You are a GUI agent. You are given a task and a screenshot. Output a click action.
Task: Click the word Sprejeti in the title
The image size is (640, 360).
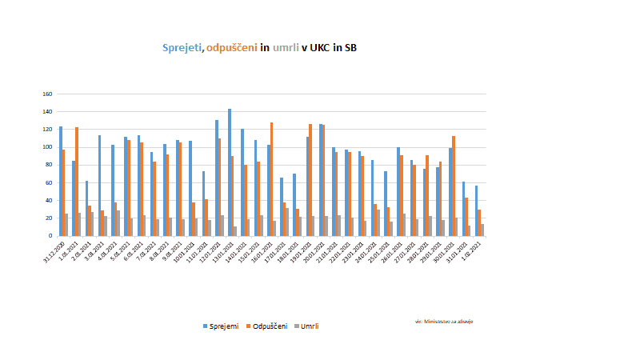coord(182,48)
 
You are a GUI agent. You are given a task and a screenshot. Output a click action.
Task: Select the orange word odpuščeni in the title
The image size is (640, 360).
coord(231,48)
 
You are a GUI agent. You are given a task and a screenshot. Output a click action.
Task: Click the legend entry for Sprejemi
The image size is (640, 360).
coord(222,326)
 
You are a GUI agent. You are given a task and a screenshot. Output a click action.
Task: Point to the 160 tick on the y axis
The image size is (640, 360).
coord(47,94)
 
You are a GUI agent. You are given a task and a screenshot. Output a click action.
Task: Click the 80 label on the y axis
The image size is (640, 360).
coord(49,165)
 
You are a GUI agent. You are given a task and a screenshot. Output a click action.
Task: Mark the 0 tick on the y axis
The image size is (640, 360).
coord(50,236)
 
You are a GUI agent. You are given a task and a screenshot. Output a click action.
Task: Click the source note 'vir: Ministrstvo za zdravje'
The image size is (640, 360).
coord(444,321)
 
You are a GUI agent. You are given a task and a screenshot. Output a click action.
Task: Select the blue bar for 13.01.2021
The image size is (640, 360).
coord(230,172)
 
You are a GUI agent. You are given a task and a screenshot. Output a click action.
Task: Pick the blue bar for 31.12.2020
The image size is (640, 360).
coord(61,181)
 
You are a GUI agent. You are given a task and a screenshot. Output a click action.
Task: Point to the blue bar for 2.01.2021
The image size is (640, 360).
coord(86,208)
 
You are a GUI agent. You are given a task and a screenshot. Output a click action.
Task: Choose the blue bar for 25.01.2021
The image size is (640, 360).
coord(386,203)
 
